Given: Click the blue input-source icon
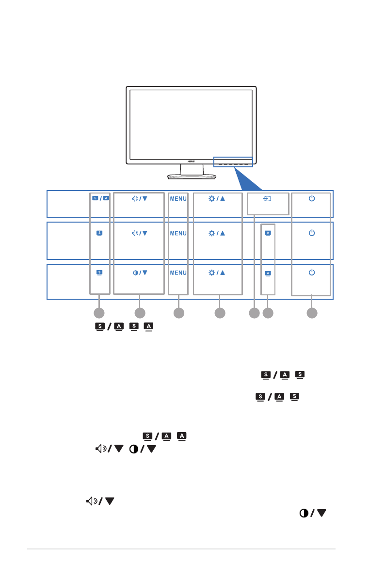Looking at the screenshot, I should [x=268, y=198].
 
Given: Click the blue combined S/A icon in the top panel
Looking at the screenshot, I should [x=100, y=198].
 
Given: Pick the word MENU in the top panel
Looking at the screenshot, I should [x=178, y=198].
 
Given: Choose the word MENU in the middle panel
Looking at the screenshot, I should [x=178, y=233].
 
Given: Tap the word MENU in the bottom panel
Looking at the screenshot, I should [x=178, y=273].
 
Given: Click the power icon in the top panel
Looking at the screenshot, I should [x=311, y=198].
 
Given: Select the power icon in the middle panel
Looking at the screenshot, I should [x=311, y=233].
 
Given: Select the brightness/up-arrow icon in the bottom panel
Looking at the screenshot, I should [x=217, y=273].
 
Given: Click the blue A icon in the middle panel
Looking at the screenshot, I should [x=268, y=233].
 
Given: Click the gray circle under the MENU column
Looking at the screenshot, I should [x=178, y=313].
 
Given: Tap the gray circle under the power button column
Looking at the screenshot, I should [x=312, y=313].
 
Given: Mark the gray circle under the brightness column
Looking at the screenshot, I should [x=220, y=313].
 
